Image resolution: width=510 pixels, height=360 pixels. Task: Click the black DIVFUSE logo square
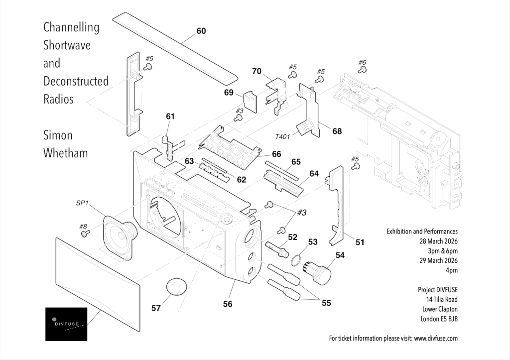tap(66, 324)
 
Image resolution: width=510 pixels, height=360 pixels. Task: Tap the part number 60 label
tap(201, 31)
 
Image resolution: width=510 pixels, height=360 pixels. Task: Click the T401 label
tap(282, 136)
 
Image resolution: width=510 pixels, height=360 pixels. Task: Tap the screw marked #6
tap(362, 70)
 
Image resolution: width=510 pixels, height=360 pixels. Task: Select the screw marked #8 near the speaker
tap(85, 234)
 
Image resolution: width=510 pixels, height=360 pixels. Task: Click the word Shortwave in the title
tap(67, 45)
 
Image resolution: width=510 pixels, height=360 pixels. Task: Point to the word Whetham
tap(66, 153)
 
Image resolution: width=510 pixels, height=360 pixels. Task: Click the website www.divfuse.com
tap(436, 338)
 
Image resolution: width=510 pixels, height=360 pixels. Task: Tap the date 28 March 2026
tap(438, 241)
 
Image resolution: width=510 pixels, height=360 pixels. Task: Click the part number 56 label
tap(228, 304)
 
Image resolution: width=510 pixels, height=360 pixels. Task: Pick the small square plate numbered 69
tap(251, 102)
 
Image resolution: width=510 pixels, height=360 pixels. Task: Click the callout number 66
tap(276, 154)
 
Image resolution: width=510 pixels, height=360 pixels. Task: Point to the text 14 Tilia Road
tap(442, 299)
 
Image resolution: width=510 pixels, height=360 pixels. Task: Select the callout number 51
tap(360, 242)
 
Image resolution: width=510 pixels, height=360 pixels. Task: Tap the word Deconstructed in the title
tap(76, 81)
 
